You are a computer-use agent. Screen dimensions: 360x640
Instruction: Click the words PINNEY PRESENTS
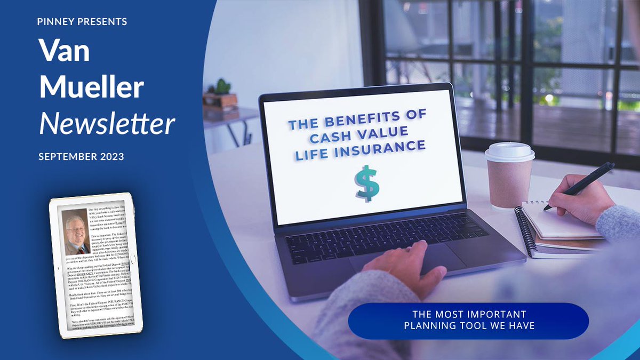82,22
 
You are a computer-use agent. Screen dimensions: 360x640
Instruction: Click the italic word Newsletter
107,123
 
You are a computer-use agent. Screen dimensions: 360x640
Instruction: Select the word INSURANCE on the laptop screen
391,147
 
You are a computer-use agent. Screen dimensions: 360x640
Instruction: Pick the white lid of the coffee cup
509,151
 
